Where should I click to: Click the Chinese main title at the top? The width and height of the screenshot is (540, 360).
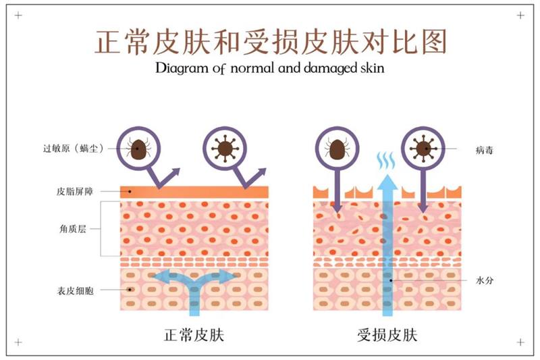[270, 42]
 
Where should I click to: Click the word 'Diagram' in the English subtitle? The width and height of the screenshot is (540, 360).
[178, 68]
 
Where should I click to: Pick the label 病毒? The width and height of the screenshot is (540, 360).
[484, 149]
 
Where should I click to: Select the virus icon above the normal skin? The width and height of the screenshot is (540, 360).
[222, 147]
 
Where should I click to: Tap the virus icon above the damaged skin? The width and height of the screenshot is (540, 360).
[423, 147]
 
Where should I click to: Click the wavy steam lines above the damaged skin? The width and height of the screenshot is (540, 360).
[386, 161]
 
